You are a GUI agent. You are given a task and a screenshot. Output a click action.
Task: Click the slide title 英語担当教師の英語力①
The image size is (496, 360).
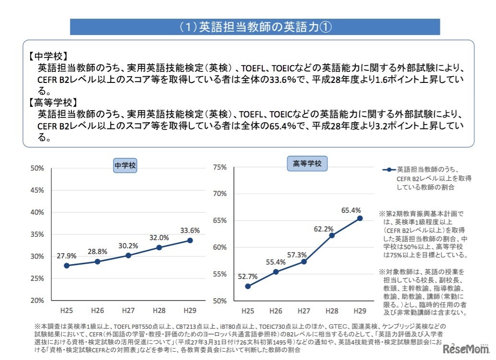coord(255,27)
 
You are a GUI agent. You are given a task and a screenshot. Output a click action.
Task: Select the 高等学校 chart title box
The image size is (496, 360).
coord(307,164)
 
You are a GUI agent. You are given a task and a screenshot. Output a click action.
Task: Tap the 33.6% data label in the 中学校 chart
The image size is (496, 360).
coord(190,230)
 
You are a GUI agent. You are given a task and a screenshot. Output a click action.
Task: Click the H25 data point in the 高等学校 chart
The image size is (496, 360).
coord(248,286)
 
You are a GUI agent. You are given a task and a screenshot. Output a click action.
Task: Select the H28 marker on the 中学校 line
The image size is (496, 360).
coord(159,247)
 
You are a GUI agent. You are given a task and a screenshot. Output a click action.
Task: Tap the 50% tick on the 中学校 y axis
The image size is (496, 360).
coord(37,168)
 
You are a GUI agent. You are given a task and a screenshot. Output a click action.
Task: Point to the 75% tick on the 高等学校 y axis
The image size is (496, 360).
coord(220,167)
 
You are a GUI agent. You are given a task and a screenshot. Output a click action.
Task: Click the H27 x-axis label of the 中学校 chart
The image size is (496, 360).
coord(128,310)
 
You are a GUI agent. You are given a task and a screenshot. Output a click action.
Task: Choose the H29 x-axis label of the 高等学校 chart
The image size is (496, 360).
coord(360,310)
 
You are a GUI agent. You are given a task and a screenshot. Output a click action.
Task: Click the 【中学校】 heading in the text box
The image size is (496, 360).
coord(47,56)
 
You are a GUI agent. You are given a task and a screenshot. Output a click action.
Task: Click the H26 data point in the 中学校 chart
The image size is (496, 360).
coord(97,261)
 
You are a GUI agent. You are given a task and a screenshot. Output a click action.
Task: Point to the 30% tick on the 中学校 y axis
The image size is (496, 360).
coord(37,256)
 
